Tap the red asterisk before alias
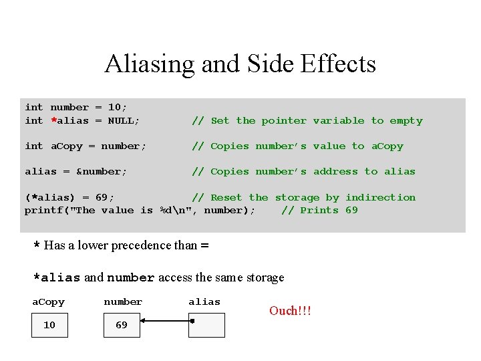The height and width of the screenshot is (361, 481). point(53,121)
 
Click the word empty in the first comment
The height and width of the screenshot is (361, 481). point(406,121)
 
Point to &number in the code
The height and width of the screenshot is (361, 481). point(102,172)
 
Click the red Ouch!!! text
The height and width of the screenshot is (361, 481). point(290,311)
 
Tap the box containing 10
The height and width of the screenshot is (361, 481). point(49,326)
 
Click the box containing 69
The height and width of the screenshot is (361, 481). point(122,326)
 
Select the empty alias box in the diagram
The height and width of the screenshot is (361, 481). point(207,326)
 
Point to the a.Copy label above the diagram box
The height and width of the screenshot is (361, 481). point(49,302)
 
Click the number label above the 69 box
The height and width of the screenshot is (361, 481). point(123,302)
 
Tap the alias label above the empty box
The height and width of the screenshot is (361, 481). point(204,302)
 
